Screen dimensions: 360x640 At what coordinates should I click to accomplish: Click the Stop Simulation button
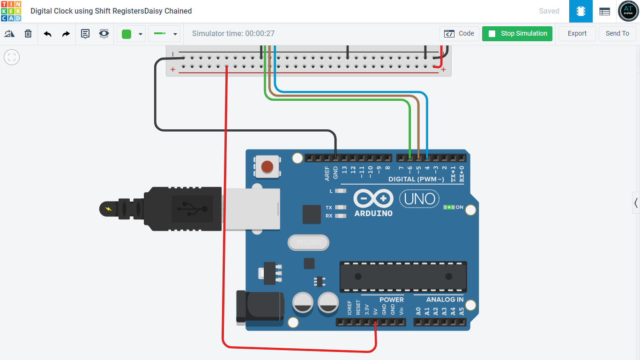pos(517,34)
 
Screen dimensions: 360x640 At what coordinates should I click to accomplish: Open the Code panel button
pos(459,34)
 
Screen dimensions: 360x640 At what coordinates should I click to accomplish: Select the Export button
pos(577,34)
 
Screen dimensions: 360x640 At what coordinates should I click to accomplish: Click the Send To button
pos(617,34)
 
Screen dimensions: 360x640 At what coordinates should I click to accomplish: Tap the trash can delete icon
pos(28,34)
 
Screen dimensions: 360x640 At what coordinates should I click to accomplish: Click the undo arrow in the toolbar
pos(47,34)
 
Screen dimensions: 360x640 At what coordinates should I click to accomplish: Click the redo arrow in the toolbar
pos(66,34)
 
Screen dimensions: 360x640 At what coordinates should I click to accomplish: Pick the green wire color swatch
pos(127,34)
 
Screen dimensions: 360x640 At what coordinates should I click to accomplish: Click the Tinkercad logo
pos(11,11)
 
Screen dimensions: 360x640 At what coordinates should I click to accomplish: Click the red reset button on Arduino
pos(267,166)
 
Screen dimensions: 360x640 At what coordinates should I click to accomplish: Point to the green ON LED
pos(449,207)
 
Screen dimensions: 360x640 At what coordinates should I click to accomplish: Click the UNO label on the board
pos(419,199)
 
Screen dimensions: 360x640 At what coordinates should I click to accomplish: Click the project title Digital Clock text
pos(111,11)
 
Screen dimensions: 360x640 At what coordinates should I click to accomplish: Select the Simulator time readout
pos(233,34)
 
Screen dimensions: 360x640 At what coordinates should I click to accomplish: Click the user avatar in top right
pos(628,11)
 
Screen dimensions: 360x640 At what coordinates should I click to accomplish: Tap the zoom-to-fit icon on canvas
pos(12,57)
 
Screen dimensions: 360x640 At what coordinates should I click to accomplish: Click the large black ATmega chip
pos(403,277)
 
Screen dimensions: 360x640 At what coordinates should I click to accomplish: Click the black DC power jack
pos(260,308)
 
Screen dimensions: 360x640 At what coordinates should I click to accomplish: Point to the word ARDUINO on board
pos(373,213)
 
